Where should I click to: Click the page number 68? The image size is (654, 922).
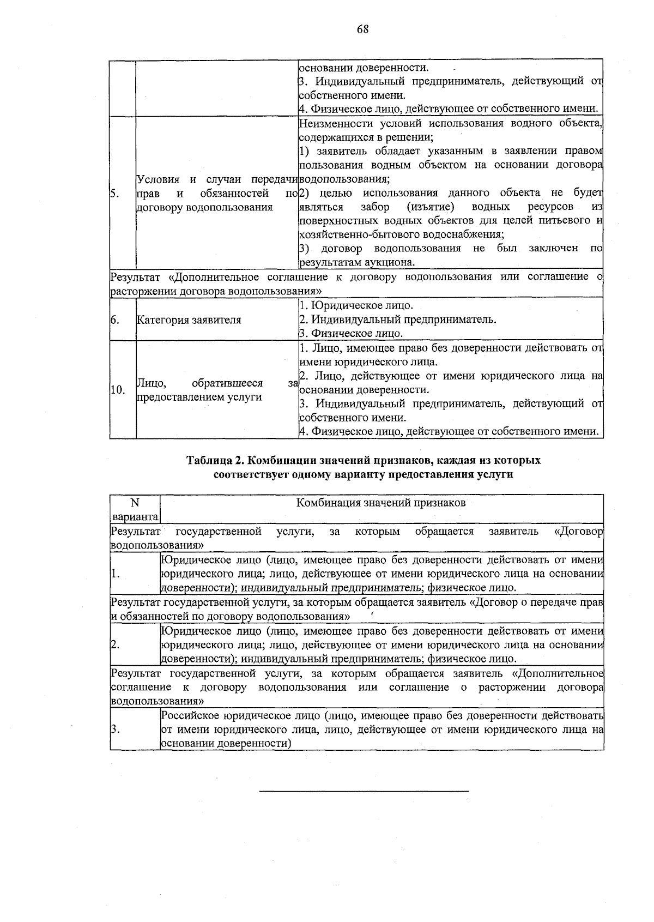pos(363,29)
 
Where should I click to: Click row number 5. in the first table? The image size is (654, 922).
pos(115,193)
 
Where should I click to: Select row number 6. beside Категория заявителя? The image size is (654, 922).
pos(115,320)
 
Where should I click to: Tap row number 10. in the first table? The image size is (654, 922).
pos(118,390)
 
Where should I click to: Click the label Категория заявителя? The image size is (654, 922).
pos(189,320)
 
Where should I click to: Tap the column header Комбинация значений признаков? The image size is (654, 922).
pos(381,503)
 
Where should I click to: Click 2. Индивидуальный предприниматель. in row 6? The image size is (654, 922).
pos(398,320)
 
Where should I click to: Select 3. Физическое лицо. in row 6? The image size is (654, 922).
pos(351,334)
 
